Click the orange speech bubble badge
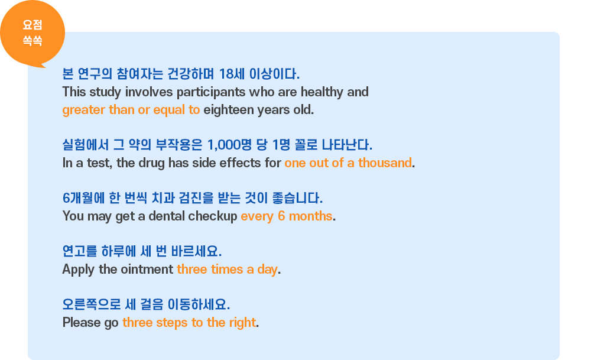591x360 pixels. coord(33,33)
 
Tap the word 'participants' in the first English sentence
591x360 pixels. coord(211,92)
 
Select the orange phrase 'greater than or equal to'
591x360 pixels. coord(131,110)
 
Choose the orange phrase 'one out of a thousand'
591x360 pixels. coord(348,163)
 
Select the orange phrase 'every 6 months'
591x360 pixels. coord(287,216)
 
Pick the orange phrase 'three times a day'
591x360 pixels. coord(227,270)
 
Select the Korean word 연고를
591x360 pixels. coord(79,251)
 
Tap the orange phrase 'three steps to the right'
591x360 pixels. coord(189,323)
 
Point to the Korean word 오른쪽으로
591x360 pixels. coord(92,304)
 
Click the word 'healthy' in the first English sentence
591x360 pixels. coord(322,92)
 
